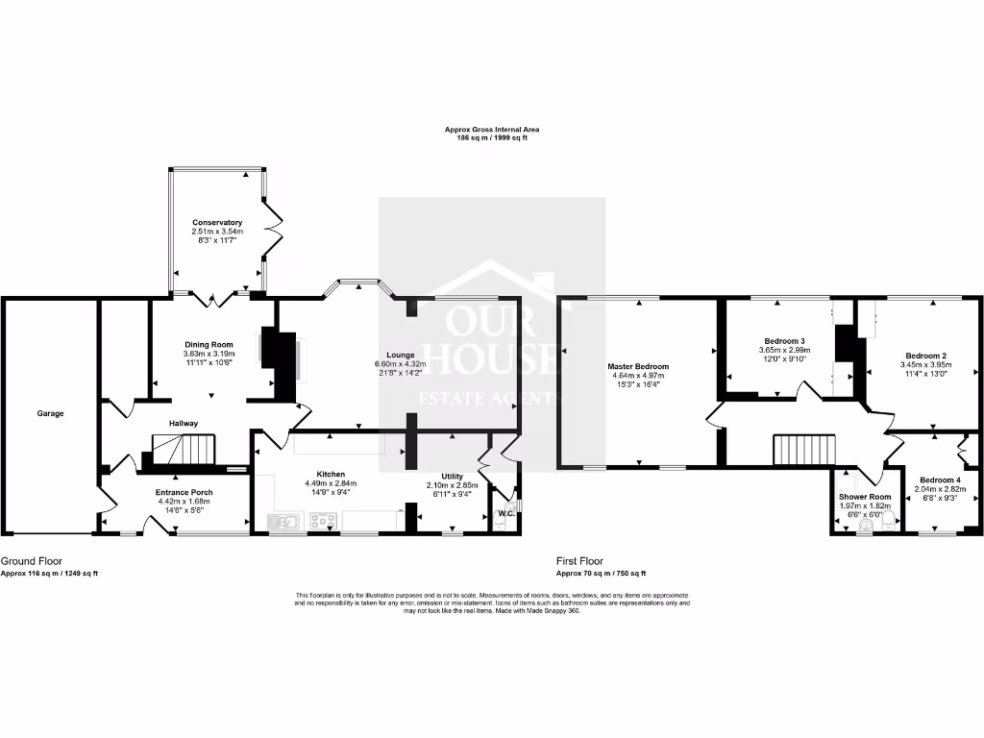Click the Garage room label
(50, 413)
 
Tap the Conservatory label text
(216, 222)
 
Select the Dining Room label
(209, 344)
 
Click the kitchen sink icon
(284, 522)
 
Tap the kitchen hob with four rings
(322, 522)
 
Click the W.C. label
(506, 513)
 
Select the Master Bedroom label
(638, 366)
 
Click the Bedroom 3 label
(784, 341)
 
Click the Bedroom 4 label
(938, 480)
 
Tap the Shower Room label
(865, 497)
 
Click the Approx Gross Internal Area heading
(492, 129)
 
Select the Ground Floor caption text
(25, 560)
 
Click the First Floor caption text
(579, 560)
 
